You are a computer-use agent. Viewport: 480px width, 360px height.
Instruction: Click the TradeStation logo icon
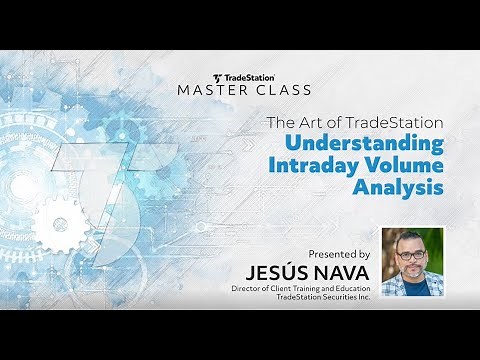(218, 77)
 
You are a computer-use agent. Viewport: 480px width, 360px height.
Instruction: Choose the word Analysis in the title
(397, 188)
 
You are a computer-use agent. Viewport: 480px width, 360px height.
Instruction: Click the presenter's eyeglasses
(412, 255)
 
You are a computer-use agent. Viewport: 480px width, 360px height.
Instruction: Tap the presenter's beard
(412, 271)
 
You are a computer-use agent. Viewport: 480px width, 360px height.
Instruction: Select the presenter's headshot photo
(412, 262)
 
